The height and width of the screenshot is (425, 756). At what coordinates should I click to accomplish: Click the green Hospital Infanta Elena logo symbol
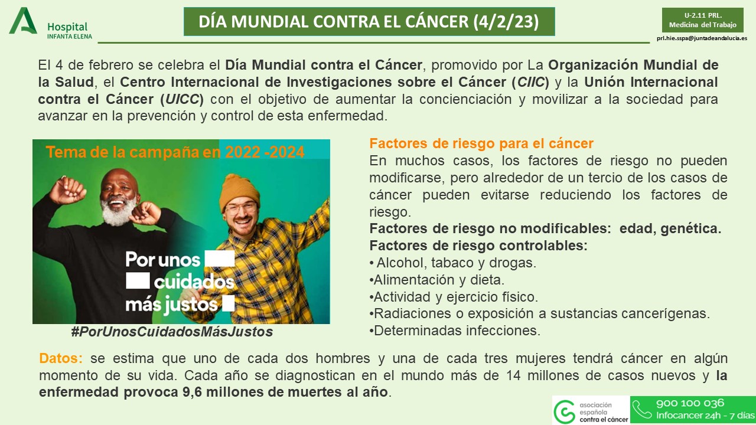23,21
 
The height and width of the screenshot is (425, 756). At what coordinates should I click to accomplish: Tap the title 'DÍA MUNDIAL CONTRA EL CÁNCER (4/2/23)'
369,22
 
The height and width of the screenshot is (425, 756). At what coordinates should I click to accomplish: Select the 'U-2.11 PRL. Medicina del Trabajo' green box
702,20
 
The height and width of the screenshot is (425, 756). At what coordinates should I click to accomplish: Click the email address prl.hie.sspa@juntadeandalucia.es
702,38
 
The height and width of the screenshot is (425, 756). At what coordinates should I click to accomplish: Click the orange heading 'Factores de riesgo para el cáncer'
481,143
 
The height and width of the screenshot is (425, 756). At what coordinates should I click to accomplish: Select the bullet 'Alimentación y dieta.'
437,279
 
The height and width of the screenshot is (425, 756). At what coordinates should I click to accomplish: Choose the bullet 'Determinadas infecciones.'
454,331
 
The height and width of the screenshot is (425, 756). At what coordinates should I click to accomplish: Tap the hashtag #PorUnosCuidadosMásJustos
172,332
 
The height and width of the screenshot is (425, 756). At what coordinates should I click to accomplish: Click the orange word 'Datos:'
61,358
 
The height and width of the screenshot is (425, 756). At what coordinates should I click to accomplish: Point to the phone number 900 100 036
690,404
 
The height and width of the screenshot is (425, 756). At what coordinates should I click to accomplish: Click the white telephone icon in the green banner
641,409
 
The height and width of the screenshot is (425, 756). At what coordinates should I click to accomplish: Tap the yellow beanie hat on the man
239,191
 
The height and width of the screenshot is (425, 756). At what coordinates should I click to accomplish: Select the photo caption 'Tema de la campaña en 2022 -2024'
175,152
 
